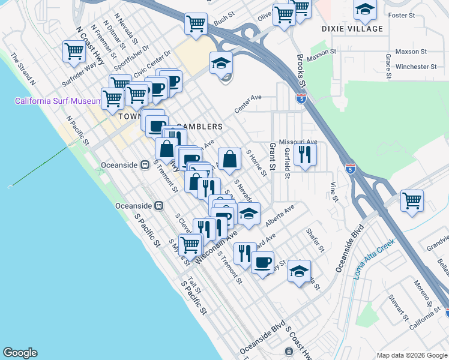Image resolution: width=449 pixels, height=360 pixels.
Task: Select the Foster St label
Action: point(402,15)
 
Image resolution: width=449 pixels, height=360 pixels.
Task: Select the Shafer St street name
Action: point(315,239)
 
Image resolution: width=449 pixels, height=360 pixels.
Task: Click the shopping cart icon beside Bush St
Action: point(196,24)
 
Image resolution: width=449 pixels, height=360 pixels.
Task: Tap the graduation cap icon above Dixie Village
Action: point(364,10)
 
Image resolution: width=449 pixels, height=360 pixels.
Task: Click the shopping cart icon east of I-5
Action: point(412,200)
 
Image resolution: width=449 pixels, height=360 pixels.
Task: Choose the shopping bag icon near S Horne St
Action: point(229,159)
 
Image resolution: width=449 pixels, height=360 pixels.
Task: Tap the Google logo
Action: point(20,353)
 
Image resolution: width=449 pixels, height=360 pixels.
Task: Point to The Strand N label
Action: point(23,67)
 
